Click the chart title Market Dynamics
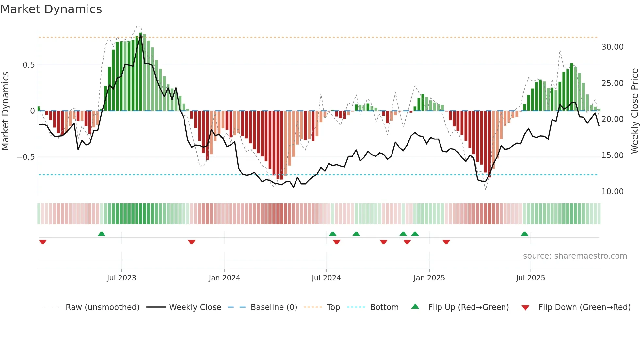[51, 9]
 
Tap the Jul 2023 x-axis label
[121, 278]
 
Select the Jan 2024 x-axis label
[224, 278]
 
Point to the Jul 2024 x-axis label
[326, 278]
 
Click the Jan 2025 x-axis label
[429, 278]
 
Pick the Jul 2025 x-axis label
[531, 278]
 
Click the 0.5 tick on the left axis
[29, 65]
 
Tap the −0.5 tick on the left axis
[26, 157]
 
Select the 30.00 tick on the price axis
[613, 47]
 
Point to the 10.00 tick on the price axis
[613, 192]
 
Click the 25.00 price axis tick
[613, 83]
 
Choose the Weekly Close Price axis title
[634, 111]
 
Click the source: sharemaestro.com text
[575, 256]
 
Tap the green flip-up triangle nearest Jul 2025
[524, 234]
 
